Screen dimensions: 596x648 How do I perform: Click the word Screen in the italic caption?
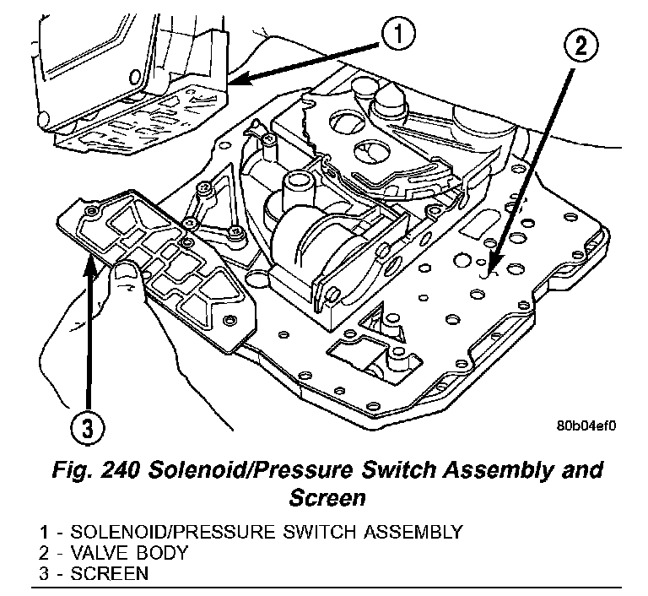click(327, 497)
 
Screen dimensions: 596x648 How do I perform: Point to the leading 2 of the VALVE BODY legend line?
click(42, 554)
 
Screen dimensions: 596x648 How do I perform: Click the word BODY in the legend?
click(165, 554)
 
